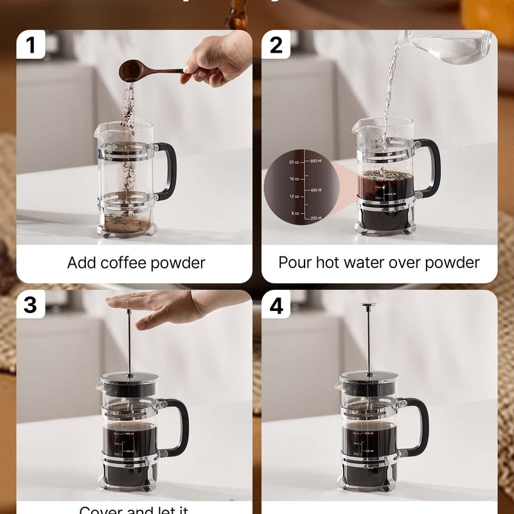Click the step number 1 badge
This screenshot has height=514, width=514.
tap(31, 45)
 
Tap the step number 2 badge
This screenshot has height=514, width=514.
tap(276, 45)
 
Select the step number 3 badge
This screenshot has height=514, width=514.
tap(31, 305)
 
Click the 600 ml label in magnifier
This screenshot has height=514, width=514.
tap(315, 161)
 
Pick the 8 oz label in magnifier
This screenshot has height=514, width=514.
tap(295, 213)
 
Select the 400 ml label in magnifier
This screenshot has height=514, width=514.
tap(315, 190)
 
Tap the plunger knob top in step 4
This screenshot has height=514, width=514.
tap(369, 306)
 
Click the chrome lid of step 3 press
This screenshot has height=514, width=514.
tap(128, 377)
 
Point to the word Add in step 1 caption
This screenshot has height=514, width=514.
tap(81, 263)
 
